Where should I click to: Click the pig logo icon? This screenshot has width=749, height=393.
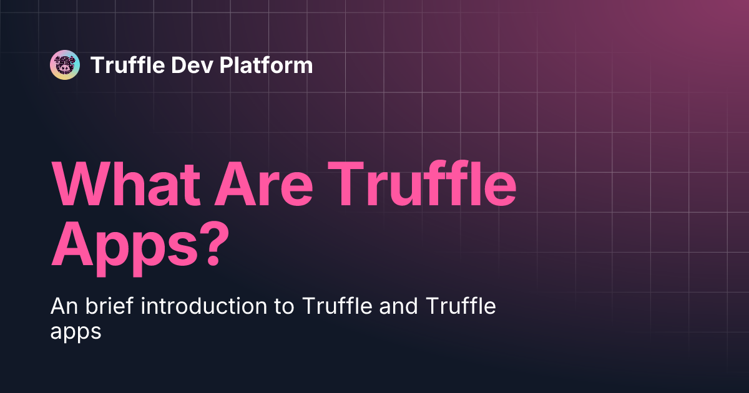[65, 65]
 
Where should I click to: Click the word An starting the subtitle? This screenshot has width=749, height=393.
[63, 307]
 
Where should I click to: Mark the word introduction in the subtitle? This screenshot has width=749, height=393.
[206, 307]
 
